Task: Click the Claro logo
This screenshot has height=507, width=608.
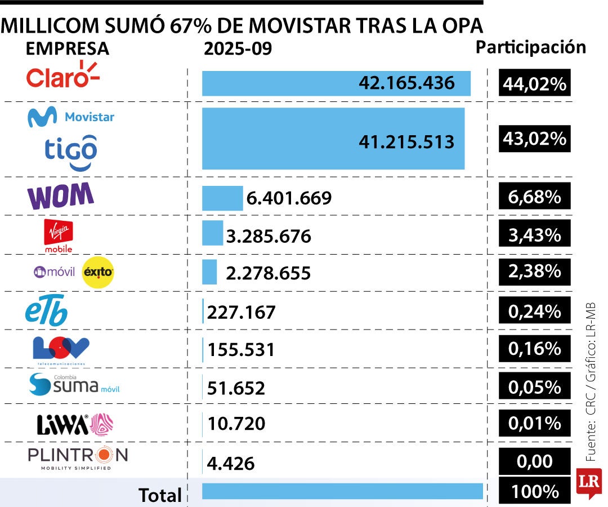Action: click(x=62, y=76)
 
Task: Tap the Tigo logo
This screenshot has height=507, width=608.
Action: click(x=71, y=152)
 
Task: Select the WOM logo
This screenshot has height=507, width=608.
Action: click(x=60, y=197)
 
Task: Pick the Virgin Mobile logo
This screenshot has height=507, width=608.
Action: click(x=59, y=235)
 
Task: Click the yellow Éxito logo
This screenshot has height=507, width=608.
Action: click(x=98, y=272)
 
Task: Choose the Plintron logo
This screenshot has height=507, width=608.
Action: click(x=78, y=457)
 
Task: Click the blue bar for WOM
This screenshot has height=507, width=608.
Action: click(x=222, y=198)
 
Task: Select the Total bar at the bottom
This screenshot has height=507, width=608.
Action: click(x=342, y=491)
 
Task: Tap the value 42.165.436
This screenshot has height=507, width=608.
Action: click(x=406, y=83)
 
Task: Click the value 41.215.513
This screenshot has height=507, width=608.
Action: click(x=406, y=141)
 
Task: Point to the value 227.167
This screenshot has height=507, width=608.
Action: click(x=242, y=312)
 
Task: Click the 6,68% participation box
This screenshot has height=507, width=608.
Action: click(x=534, y=197)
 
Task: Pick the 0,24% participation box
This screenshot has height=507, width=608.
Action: click(x=534, y=311)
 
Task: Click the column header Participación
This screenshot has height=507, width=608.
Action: click(x=531, y=47)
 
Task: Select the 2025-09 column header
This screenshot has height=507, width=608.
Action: click(x=238, y=49)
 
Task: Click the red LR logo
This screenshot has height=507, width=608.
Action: click(x=588, y=483)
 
